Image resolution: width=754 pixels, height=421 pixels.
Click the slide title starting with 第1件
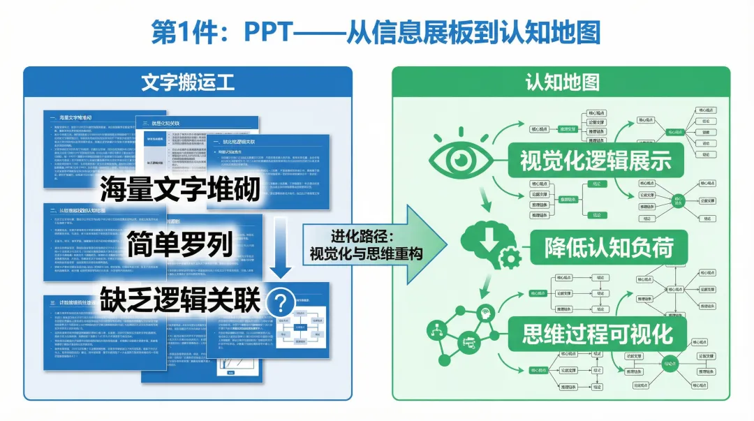pyautogui.click(x=376, y=33)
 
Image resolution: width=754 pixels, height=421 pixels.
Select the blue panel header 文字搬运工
pyautogui.click(x=187, y=82)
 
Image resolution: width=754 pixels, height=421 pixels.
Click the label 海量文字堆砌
pyautogui.click(x=179, y=190)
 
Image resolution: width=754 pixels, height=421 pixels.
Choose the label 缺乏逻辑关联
pyautogui.click(x=179, y=300)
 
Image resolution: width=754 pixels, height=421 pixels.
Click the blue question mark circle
pyautogui.click(x=281, y=303)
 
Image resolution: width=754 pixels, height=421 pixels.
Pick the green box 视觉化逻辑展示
pyautogui.click(x=596, y=160)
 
